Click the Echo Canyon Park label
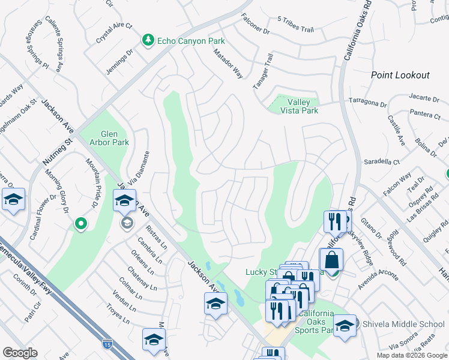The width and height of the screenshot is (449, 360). click(x=191, y=41)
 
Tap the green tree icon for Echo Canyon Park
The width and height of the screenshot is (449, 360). click(x=148, y=40)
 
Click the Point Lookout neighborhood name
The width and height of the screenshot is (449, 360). click(x=400, y=75)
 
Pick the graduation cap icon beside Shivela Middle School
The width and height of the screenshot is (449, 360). click(x=345, y=326)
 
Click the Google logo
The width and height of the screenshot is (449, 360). click(x=20, y=353)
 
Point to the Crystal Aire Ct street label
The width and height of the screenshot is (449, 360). click(x=113, y=34)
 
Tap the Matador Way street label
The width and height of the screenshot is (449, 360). click(x=229, y=64)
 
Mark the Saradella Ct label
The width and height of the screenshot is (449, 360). click(x=382, y=162)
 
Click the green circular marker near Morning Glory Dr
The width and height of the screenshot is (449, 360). click(x=80, y=224)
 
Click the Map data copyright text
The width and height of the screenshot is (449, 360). click(x=411, y=355)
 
